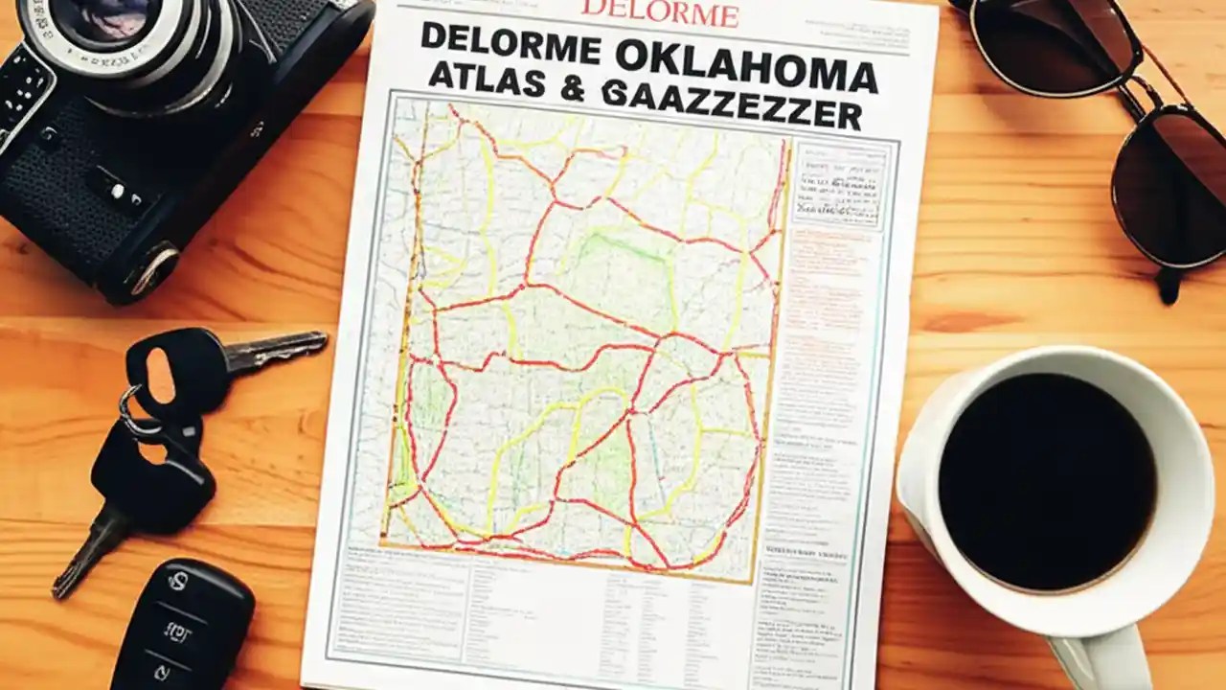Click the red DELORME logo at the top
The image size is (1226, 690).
[660, 13]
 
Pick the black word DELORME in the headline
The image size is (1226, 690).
[511, 43]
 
